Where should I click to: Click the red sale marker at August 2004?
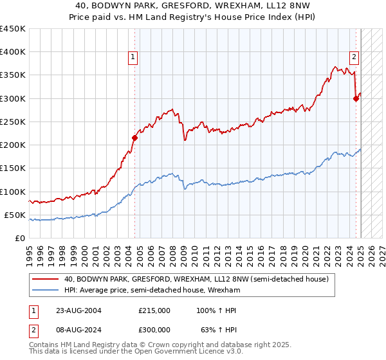coord(134,138)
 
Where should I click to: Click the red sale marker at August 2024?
coord(356,98)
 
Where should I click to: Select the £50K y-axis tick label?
coord(15,215)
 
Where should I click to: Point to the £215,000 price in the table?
coord(154,310)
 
